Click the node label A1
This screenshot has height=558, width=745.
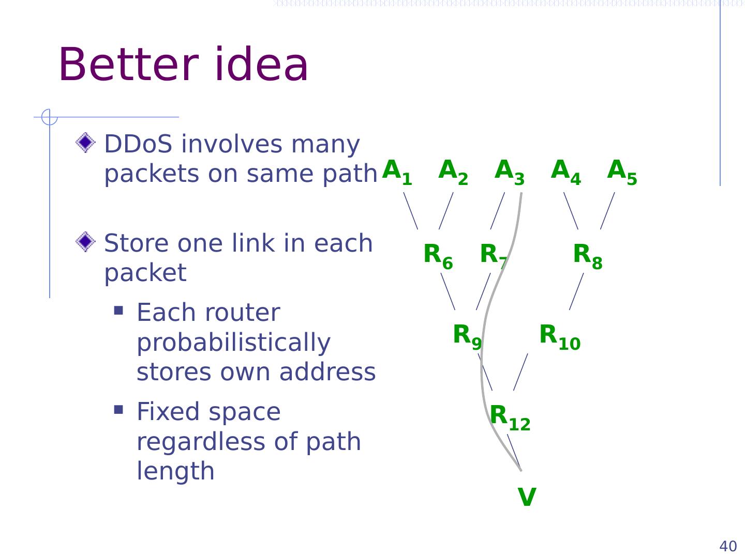pos(397,172)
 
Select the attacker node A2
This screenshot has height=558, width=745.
pos(453,172)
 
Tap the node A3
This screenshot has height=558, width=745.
pos(510,172)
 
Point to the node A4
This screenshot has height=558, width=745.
pos(566,172)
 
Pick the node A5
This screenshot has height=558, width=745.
pos(622,172)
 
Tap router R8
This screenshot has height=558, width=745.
pos(588,256)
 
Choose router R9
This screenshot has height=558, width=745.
pos(467,336)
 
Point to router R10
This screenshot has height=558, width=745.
pos(560,336)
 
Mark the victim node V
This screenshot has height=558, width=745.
pos(527,498)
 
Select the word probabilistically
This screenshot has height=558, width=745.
pos(233,342)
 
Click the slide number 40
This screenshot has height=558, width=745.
pos(728,546)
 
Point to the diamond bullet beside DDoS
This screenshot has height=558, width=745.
pos(85,143)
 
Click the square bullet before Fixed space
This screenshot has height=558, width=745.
pos(118,410)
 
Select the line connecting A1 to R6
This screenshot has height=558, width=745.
pos(411,211)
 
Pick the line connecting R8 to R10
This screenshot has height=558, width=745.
pos(576,291)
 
